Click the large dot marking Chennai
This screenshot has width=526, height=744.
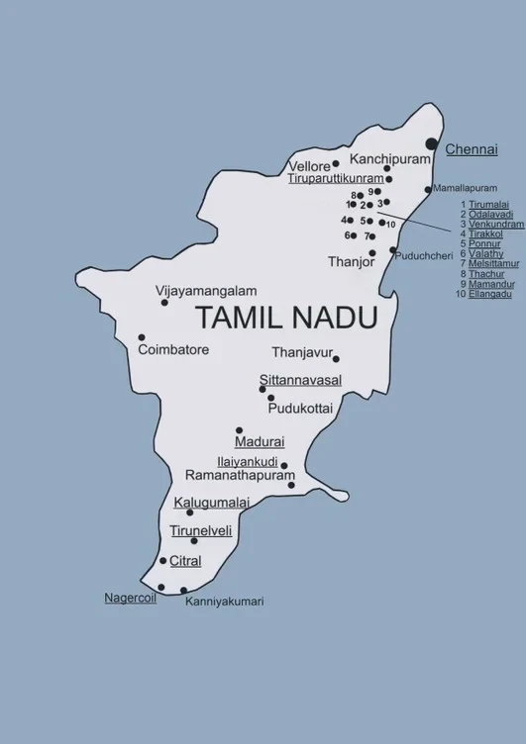(x=431, y=144)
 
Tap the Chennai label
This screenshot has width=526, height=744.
(x=472, y=150)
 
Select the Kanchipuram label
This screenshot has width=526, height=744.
(x=391, y=158)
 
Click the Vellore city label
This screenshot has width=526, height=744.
(x=309, y=166)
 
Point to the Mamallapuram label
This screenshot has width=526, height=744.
(x=462, y=188)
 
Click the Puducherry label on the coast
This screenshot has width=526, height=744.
(x=423, y=256)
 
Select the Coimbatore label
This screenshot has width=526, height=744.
(x=173, y=350)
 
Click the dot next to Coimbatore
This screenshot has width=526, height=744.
(x=142, y=337)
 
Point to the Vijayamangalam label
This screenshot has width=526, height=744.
(x=207, y=291)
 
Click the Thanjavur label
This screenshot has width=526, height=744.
(x=300, y=352)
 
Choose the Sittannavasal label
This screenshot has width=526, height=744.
(x=300, y=381)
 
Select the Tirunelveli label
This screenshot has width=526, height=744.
(x=200, y=531)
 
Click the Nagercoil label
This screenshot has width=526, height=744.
(x=131, y=598)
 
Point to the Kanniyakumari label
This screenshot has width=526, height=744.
(x=225, y=601)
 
